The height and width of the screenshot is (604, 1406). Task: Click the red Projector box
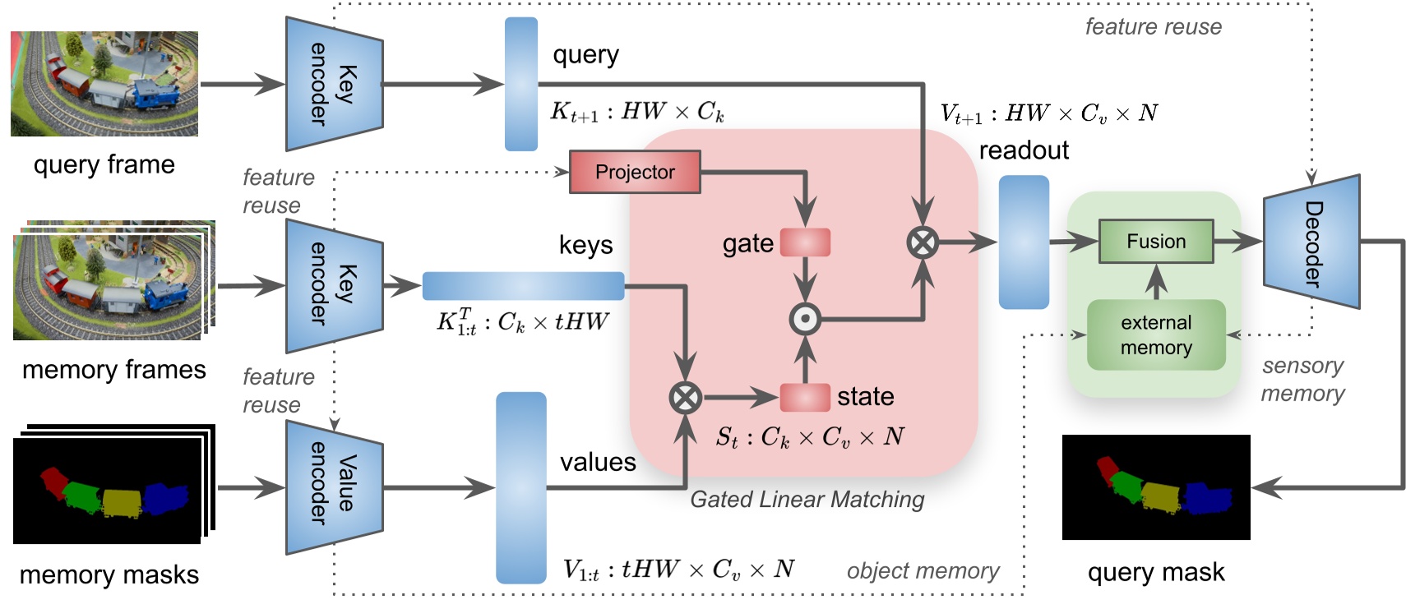634,172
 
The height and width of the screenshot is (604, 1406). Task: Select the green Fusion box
1155,242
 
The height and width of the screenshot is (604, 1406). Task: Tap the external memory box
1155,334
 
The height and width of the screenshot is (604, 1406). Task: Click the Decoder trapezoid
1311,242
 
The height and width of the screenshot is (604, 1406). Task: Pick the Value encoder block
334,487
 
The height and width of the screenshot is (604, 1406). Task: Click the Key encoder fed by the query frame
334,84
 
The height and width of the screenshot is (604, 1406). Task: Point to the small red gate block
804,242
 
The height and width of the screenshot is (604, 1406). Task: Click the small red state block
804,397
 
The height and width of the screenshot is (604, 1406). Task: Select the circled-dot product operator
805,319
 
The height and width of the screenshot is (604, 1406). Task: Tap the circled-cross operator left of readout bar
923,242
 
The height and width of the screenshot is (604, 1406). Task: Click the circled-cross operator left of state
685,398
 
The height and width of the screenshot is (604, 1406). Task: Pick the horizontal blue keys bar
523,286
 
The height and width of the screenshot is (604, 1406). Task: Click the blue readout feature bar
1023,242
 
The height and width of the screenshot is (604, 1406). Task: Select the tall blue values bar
520,487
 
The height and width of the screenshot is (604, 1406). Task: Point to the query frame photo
104,84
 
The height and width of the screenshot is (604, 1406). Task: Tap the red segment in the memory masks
53,481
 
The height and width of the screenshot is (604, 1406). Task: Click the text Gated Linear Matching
807,500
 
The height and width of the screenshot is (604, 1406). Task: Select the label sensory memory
1302,380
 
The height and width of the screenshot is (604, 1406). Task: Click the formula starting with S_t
809,436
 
